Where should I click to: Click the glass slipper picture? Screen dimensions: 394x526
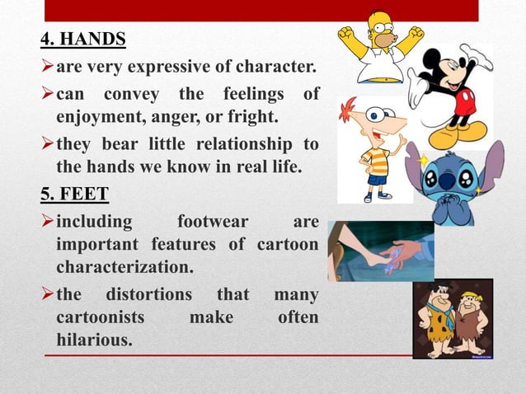(381, 251)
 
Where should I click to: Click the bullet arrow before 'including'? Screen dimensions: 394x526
(47, 223)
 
